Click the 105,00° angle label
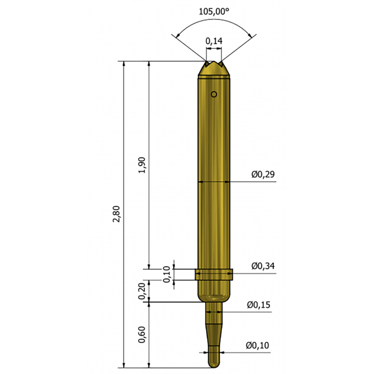[x=214, y=11]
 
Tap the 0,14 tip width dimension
[x=214, y=41]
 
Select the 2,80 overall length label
[x=116, y=214]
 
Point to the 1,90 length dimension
[x=142, y=165]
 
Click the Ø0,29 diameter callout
[x=263, y=174]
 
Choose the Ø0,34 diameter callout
[x=263, y=265]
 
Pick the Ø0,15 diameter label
[x=259, y=305]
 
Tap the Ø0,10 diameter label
[x=258, y=345]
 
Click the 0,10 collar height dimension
[x=166, y=274]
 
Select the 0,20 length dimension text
[x=142, y=291]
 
